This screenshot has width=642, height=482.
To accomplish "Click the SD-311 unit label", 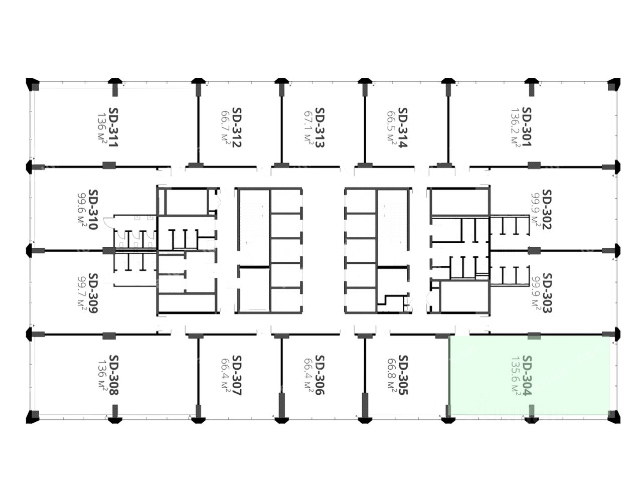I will [x=114, y=127].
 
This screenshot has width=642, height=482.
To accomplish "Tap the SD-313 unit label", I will [x=319, y=128].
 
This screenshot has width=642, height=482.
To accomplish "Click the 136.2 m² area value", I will [x=515, y=127].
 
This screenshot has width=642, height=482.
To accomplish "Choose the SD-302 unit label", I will [x=547, y=209].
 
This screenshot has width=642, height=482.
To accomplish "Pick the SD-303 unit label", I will [x=547, y=293].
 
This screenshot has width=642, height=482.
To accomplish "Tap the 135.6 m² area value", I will [x=515, y=375].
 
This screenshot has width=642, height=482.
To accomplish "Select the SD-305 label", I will [x=402, y=375].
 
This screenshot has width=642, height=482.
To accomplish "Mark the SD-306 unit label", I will [x=319, y=375].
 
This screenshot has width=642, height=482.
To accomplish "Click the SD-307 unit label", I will [x=236, y=375].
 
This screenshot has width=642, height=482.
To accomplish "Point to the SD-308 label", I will [x=114, y=375].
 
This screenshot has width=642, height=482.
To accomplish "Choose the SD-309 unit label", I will [x=93, y=293].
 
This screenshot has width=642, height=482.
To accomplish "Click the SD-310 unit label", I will [x=93, y=209].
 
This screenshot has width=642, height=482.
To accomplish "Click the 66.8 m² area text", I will [x=391, y=375].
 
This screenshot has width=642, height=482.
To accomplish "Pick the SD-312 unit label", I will [x=236, y=128].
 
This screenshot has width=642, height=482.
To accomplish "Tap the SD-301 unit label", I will [x=526, y=127].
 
